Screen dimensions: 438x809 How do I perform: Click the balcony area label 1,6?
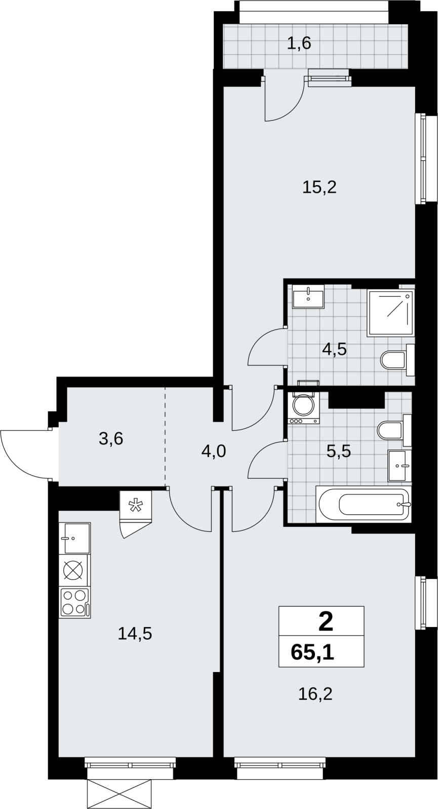299,43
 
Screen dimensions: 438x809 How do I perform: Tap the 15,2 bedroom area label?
320,188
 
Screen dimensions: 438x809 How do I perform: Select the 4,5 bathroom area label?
335,349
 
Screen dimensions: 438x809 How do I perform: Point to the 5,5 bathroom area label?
339,451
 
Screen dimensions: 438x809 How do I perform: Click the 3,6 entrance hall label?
111,439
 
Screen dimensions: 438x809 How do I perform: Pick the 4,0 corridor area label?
214,451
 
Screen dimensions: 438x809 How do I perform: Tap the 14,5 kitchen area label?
135,634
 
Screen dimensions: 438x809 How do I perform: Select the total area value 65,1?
312,653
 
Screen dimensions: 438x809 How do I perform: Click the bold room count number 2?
326,623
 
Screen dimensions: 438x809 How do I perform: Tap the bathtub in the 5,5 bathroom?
364,504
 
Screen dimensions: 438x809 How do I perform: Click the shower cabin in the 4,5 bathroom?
390,313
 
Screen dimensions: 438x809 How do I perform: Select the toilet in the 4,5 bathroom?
397,360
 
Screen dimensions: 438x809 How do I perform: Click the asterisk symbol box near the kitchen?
136,506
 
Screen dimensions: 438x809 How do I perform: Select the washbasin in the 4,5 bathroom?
308,296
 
